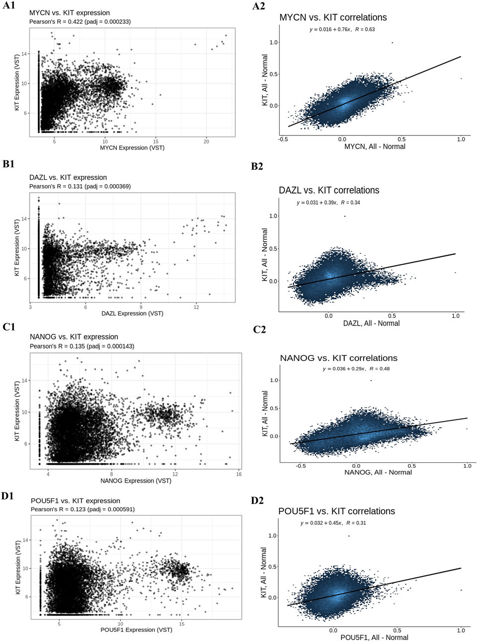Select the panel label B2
257,167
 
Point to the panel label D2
257,501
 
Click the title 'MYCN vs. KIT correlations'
333,17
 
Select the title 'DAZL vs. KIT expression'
68,177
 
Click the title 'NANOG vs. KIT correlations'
338,358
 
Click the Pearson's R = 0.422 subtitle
80,21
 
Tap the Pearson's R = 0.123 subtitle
82,509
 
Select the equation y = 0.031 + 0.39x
328,203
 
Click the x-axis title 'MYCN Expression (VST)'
132,147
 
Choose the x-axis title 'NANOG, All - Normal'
378,472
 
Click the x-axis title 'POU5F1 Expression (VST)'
136,630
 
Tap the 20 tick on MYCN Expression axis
206,142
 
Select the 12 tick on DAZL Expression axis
196,307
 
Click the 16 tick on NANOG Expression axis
239,474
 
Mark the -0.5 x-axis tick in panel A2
284,140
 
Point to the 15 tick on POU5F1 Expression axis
181,624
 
